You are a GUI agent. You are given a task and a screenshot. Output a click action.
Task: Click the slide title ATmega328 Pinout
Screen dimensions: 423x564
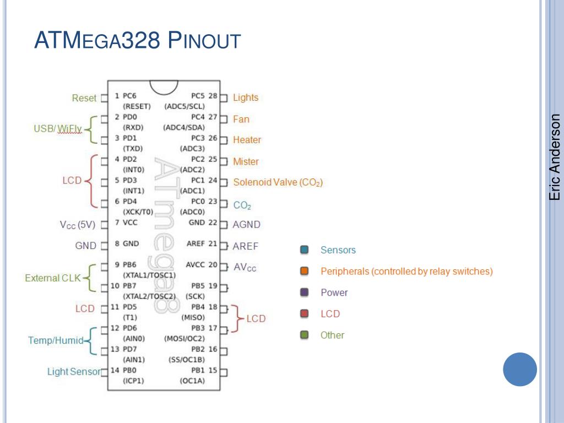coord(137,41)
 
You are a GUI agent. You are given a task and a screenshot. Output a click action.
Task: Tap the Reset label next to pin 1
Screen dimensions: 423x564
coord(84,98)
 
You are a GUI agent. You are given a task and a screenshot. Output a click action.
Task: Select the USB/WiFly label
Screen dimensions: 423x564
coord(58,129)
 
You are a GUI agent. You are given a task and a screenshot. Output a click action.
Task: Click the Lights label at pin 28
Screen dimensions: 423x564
coord(246,97)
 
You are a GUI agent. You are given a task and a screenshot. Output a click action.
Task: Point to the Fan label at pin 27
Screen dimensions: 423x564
coord(241,119)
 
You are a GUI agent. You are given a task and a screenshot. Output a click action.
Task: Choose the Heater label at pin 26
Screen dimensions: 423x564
coord(247,140)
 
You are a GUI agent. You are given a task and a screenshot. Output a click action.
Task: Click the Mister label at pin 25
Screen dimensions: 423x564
coord(246,161)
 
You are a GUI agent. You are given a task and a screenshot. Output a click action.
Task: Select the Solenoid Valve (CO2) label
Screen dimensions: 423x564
coord(278,182)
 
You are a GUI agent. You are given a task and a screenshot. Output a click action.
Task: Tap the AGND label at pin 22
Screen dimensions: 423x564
coord(247,225)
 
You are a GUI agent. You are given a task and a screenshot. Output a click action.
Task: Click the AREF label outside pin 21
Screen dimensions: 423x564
coord(246,246)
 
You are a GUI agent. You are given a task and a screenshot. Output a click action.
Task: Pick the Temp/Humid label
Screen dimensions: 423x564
coord(56,340)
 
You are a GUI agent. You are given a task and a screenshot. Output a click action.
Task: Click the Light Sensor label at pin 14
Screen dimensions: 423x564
coord(74,372)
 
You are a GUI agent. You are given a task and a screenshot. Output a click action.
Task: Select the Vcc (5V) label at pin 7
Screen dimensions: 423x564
coord(78,225)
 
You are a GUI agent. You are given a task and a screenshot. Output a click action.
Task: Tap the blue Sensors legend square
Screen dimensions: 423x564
coord(304,250)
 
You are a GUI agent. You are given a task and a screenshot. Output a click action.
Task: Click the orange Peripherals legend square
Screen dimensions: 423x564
coord(304,272)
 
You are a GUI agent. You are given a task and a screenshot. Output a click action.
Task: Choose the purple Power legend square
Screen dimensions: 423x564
coord(304,292)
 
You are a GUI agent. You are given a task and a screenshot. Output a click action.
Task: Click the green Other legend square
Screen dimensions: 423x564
coord(304,335)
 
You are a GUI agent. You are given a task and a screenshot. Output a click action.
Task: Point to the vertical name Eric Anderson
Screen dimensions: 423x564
coord(555,157)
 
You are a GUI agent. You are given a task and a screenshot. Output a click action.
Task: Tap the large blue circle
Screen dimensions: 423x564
coord(520,370)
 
